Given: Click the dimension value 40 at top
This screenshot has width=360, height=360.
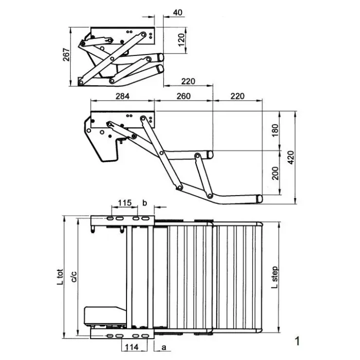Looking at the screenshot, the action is coord(178,12).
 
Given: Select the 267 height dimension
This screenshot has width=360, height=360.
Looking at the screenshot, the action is coord(66,54).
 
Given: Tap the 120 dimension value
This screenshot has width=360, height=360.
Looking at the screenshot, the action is coord(181,40).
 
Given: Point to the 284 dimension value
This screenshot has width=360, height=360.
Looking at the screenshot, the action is coord(123,96).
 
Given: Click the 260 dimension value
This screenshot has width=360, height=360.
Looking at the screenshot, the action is coord(183,96).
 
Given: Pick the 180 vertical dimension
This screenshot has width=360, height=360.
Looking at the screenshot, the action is coord(275,130).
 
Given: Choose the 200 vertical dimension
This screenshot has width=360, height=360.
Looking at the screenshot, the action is coord(275,173).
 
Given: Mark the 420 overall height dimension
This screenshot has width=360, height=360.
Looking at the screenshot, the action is coord(290,157).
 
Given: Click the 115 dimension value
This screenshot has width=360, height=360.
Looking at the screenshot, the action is coord(125,203).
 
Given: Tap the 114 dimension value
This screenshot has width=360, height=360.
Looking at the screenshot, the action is coord(131,347).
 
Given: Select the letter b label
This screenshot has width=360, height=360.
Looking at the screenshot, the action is coord(144,203).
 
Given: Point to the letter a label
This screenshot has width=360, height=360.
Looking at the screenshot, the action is coord(163,347).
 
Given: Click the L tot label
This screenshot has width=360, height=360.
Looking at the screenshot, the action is coord(60,277).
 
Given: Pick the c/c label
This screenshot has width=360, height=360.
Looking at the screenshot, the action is coord(74,277).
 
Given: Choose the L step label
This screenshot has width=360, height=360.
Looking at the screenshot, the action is coord(274,277).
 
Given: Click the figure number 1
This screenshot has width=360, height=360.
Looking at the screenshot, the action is coord(297,341).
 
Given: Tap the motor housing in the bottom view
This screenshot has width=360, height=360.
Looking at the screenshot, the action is coord(105,316).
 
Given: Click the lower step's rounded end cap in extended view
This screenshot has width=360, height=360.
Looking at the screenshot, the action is coord(259,198).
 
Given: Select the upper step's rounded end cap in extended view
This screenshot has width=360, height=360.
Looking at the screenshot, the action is coord(210,155).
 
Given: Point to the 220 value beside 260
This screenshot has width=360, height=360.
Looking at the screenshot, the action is coord(237,96).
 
